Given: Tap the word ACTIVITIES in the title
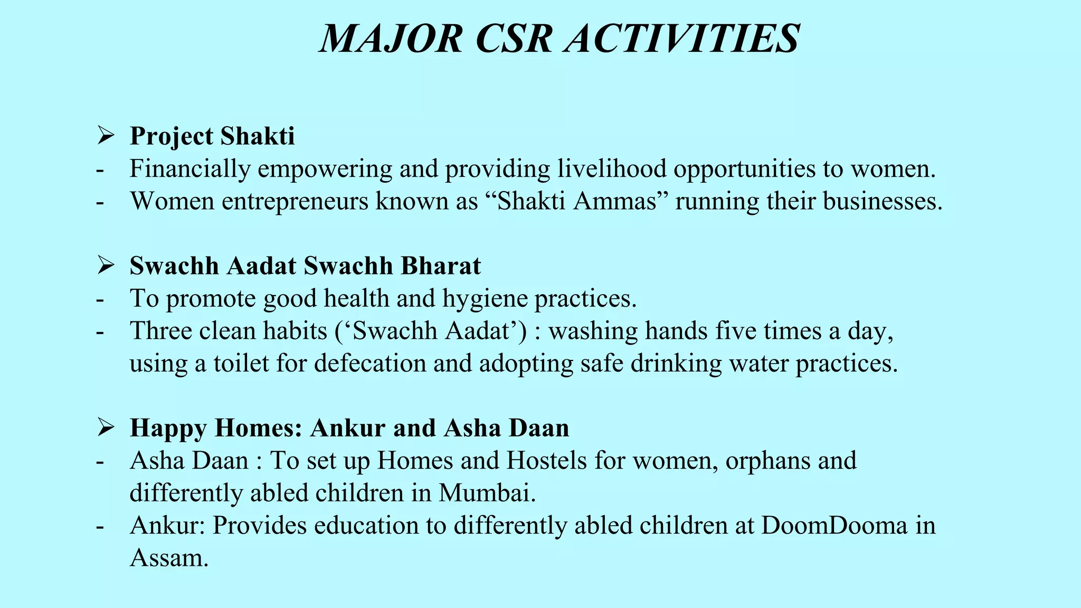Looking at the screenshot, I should coord(681,39).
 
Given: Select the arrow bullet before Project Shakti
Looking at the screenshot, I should coord(106,136).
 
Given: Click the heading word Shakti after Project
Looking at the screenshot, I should coord(258,136).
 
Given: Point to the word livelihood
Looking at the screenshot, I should coord(611,169).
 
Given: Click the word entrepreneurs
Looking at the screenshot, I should coord(295,202).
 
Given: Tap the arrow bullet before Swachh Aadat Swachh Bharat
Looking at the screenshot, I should coord(106,265).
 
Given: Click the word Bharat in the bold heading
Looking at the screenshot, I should coord(441,266).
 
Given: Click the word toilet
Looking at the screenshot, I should coord(241,364).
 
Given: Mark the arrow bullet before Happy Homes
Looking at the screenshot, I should coord(106,427).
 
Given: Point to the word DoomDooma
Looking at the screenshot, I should coord(833,526).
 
